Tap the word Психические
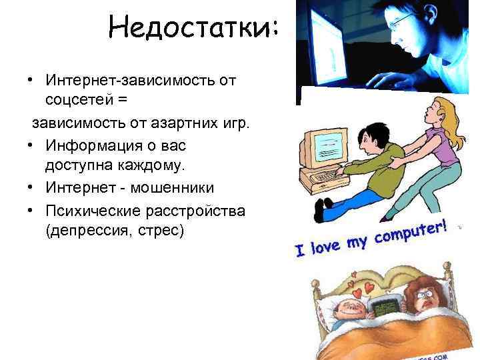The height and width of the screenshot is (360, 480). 91,211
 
